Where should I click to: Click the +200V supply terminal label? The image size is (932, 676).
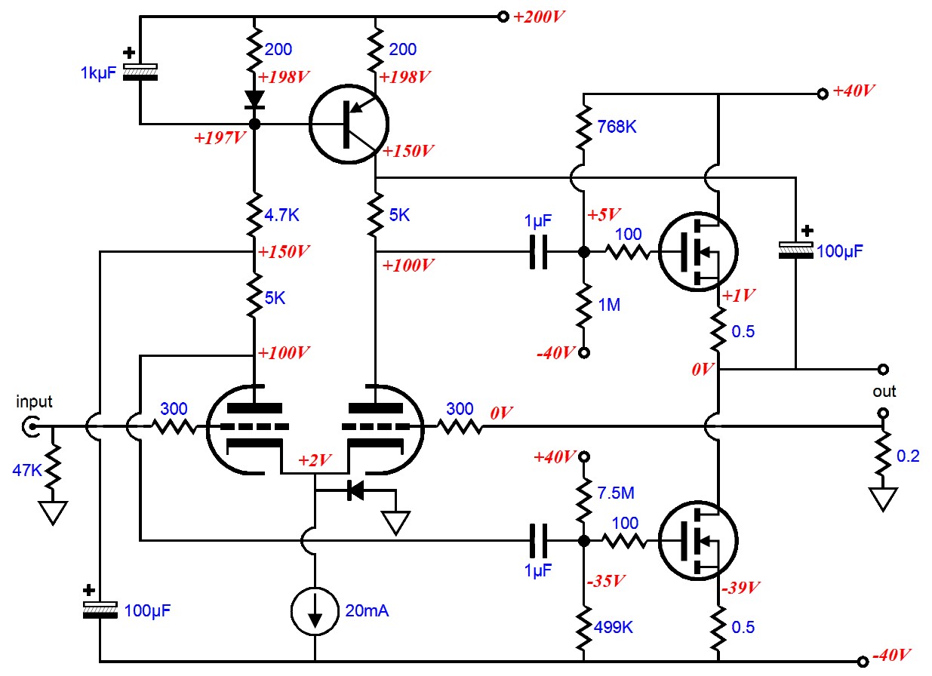point(539,17)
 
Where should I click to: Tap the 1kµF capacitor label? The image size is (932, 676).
point(98,72)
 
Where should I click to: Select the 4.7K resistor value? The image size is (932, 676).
point(281,215)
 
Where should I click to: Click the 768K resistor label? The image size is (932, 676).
point(617,127)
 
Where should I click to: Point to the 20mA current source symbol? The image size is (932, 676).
point(315,610)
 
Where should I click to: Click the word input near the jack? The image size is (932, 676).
point(34,402)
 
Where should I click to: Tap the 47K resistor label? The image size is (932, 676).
point(27,470)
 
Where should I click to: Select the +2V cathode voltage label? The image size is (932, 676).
point(315,460)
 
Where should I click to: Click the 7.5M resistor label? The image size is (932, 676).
point(616,493)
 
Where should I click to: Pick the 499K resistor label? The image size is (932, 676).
point(614,627)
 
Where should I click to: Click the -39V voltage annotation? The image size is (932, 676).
point(740,588)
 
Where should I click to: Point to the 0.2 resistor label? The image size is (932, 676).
point(908,456)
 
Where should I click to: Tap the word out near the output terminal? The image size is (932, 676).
point(884,392)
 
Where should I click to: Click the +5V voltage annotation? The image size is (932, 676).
point(604,215)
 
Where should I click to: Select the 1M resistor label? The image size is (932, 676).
point(609,305)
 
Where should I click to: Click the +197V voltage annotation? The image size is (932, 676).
point(220,138)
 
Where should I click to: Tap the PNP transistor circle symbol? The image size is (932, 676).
point(349,124)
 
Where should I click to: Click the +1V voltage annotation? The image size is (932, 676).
point(739,295)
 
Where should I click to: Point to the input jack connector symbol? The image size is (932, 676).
point(31,427)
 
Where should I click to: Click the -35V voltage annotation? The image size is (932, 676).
point(606,580)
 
